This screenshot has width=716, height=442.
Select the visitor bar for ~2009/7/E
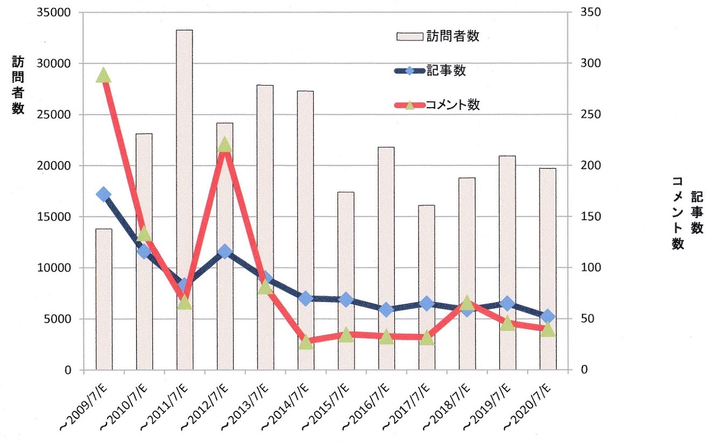(104, 299)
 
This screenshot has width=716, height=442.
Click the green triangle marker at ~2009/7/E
(104, 76)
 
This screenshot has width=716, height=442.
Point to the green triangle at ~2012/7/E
(225, 144)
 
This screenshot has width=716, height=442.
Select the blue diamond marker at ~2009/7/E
(104, 194)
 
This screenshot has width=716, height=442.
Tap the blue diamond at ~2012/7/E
(225, 251)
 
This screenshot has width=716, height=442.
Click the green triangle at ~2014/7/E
(306, 342)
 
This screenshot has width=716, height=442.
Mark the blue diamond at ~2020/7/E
(548, 316)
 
